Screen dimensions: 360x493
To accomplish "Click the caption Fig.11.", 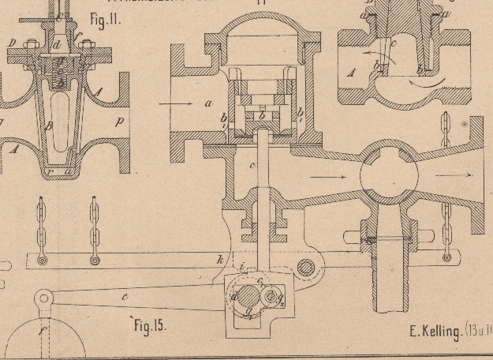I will pyautogui.click(x=105, y=18).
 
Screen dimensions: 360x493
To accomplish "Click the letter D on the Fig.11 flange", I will pyautogui.click(x=10, y=42).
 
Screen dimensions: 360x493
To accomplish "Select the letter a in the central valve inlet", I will pyautogui.click(x=207, y=103).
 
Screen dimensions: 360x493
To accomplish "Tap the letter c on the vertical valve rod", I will pyautogui.click(x=252, y=165).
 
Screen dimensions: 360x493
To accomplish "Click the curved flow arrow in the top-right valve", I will pyautogui.click(x=432, y=81).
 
